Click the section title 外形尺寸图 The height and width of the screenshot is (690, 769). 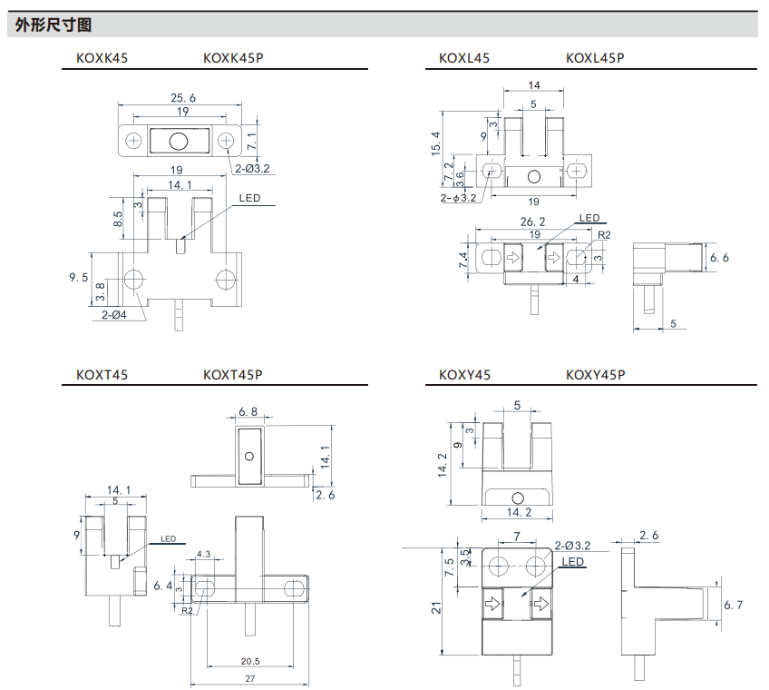54,25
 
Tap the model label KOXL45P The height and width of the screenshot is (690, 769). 595,58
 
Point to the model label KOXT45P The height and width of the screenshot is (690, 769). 233,374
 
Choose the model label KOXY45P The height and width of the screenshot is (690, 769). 595,374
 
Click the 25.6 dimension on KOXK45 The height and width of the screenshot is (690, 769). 183,98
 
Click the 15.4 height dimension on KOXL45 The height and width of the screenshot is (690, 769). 436,143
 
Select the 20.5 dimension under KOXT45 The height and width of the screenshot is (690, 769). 250,661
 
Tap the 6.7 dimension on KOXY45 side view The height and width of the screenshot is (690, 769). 733,605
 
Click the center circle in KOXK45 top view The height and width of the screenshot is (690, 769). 179,141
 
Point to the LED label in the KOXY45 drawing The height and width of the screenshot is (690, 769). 573,562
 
